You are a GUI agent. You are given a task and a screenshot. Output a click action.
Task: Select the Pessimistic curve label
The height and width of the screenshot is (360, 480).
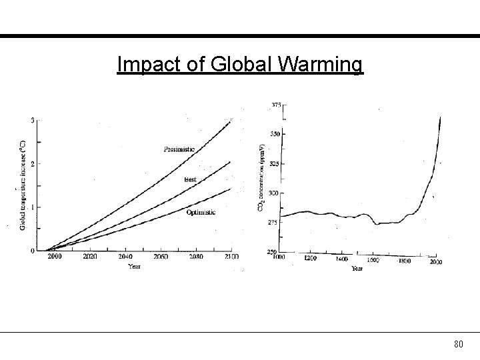[179, 149]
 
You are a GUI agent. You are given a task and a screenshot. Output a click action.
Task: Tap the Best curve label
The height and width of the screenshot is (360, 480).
[191, 179]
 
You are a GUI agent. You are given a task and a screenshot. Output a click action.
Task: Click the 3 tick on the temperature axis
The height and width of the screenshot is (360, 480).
[33, 120]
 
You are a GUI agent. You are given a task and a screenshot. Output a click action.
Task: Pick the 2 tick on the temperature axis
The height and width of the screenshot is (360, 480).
[33, 163]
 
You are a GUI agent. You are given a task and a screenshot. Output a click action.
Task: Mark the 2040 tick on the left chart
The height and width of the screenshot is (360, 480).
[125, 256]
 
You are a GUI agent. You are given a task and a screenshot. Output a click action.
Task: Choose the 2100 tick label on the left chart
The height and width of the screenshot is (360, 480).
[230, 256]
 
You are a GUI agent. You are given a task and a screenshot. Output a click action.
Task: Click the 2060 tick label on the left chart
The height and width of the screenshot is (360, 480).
[160, 256]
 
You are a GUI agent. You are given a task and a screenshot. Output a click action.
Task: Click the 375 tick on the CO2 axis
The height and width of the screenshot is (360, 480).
[275, 105]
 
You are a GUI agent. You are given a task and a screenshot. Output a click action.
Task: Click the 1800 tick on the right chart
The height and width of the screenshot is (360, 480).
[404, 261]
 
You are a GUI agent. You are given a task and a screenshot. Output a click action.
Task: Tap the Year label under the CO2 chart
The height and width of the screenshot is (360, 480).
[357, 269]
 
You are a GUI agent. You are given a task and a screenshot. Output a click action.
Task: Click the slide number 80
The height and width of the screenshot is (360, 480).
[458, 344]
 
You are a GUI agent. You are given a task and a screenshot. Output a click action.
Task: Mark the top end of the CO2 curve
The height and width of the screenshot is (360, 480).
[440, 117]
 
